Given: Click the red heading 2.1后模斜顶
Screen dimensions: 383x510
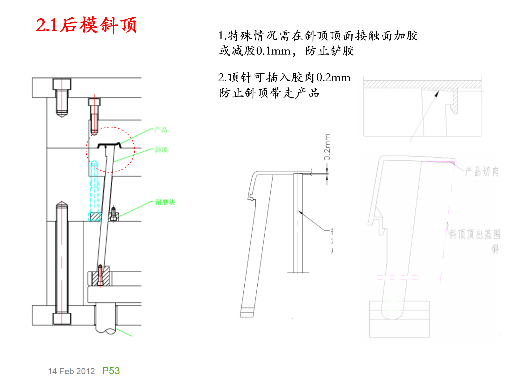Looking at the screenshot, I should pos(86,25).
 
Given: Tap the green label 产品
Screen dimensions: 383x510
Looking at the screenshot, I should pos(161,130).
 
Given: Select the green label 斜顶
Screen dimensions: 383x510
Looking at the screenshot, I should pos(161,150).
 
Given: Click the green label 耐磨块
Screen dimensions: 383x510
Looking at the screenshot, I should pos(165,202).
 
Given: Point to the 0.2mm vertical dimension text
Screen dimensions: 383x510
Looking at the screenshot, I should pos(327,147).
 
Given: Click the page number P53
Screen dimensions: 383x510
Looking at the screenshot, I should pos(111,371).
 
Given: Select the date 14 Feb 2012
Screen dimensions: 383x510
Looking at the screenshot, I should pos(71,371).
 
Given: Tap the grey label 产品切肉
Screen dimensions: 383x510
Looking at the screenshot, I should pos(482,172).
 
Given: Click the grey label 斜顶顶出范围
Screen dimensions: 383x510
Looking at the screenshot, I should pos(475,234).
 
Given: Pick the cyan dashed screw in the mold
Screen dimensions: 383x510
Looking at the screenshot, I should pos(94,186).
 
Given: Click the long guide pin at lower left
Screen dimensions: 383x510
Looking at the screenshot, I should pos(62,258).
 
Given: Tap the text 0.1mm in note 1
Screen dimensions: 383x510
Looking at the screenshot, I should pos(274,51).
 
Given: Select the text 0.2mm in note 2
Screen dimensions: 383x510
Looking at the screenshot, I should pos(333,78).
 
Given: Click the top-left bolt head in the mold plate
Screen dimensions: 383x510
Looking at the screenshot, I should pos(62,84).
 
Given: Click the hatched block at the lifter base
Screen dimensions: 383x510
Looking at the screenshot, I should pos(100,277).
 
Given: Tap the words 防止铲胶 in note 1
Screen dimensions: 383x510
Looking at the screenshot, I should pos(330,51).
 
